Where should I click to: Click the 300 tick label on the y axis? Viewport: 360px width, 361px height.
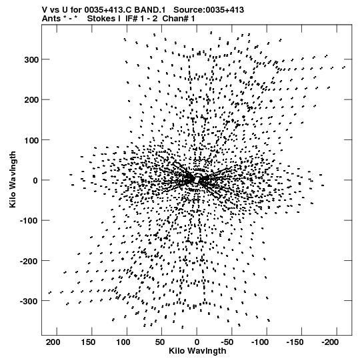(x=31, y=59)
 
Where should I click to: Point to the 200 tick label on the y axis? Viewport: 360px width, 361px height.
(x=31, y=100)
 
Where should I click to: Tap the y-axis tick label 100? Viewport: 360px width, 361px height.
(x=31, y=140)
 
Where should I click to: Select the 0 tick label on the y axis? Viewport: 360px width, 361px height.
(x=35, y=180)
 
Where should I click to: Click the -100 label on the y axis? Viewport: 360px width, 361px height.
(x=29, y=221)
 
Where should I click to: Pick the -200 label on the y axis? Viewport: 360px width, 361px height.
(x=29, y=261)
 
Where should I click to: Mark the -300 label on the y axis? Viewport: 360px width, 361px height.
(x=29, y=301)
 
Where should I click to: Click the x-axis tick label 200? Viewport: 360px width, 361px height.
(x=53, y=342)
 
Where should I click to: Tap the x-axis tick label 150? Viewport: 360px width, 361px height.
(x=88, y=342)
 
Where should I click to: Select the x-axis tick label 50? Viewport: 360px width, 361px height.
(x=159, y=342)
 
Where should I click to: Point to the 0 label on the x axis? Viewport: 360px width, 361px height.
(x=197, y=342)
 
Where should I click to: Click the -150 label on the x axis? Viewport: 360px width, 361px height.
(x=295, y=342)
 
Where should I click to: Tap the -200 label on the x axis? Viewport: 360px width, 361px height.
(x=330, y=342)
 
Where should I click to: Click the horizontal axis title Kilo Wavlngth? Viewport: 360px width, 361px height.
(x=197, y=351)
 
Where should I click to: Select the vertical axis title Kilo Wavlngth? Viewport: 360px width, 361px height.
(x=13, y=179)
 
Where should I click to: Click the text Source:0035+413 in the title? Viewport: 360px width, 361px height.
(x=209, y=10)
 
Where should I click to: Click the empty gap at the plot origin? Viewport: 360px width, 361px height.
(x=197, y=179)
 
